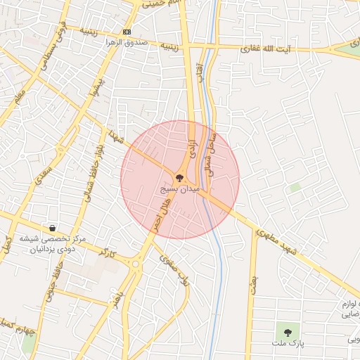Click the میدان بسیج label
(x=181, y=190)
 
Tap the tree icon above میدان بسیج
(x=180, y=179)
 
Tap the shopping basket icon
(x=53, y=228)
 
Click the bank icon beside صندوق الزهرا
(x=127, y=32)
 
